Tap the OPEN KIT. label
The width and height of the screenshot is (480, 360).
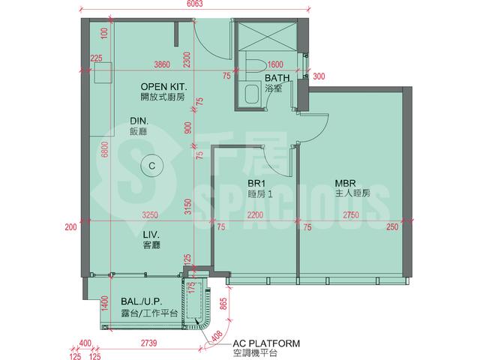(x=163, y=87)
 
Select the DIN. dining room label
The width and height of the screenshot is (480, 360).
(x=139, y=121)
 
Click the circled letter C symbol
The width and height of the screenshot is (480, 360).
(x=151, y=166)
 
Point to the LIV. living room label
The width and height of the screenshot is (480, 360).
(x=151, y=235)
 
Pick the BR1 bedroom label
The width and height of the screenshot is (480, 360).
(x=256, y=184)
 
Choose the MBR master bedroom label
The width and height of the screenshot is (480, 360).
(x=345, y=183)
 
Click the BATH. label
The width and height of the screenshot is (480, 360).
(x=277, y=78)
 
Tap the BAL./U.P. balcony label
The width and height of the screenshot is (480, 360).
(x=142, y=301)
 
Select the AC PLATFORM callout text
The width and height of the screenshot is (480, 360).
(x=266, y=343)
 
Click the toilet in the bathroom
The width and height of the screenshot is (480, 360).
(x=255, y=65)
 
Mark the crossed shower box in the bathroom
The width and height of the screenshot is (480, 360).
(x=267, y=35)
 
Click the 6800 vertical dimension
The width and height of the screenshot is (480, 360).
(x=105, y=149)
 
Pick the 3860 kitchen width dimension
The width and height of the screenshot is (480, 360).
(x=162, y=64)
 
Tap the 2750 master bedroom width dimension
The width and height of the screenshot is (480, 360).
(x=351, y=215)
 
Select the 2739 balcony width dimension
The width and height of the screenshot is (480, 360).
(x=149, y=343)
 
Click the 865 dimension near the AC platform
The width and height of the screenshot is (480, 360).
(x=223, y=304)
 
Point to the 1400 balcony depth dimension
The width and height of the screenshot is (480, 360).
(x=105, y=303)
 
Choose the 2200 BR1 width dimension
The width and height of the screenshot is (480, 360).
(x=255, y=215)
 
